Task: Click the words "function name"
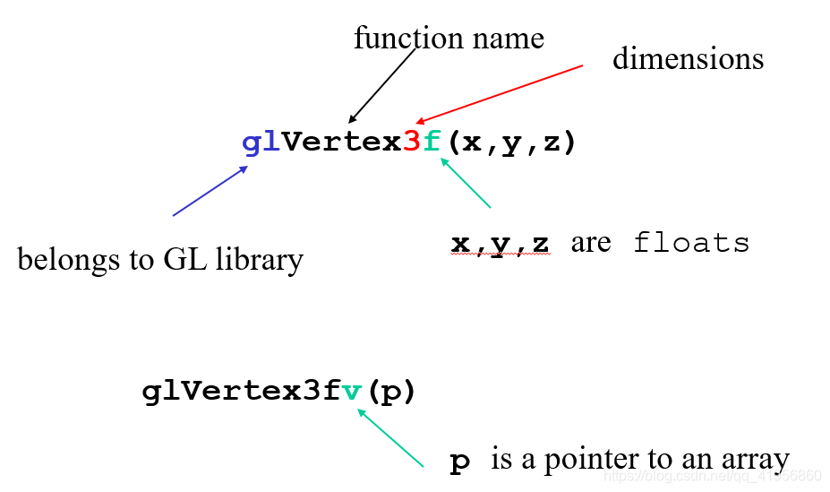pos(449,39)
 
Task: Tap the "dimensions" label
pos(688,59)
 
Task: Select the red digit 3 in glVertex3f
pos(412,142)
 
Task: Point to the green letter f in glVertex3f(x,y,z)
pos(432,142)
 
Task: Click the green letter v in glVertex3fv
pos(353,392)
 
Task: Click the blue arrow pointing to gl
pos(210,190)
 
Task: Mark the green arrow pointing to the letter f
pos(466,184)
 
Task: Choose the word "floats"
pos(691,243)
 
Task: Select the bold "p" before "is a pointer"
pos(459,462)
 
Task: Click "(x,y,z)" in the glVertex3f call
pos(510,142)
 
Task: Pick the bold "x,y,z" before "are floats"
pos(500,244)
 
